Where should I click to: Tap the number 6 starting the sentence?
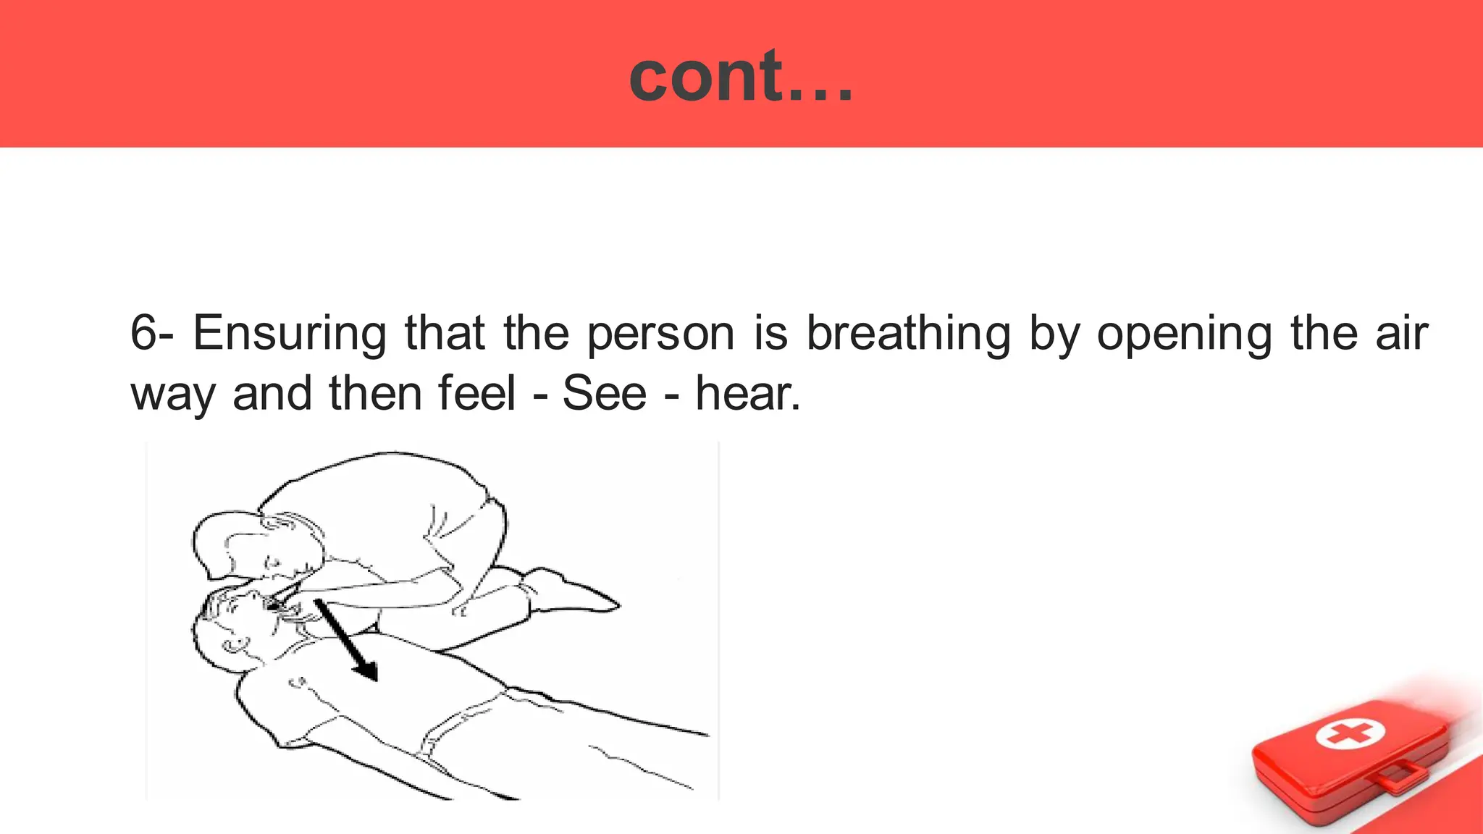click(x=143, y=333)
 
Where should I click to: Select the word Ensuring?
click(x=290, y=334)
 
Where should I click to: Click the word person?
click(x=660, y=334)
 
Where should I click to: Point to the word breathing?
click(x=908, y=334)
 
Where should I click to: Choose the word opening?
click(x=1184, y=334)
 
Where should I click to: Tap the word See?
click(x=604, y=394)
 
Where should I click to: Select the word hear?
click(x=747, y=394)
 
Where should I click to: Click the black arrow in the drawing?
click(x=348, y=641)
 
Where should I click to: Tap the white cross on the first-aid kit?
click(x=1350, y=734)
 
